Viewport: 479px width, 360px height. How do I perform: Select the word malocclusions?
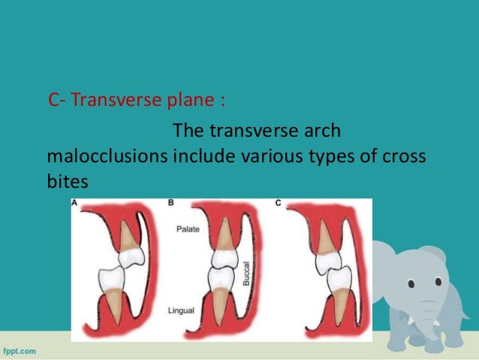[107, 157]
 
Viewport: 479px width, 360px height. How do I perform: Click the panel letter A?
[75, 203]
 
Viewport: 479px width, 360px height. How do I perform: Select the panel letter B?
[172, 203]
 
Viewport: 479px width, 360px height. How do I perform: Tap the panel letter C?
[279, 203]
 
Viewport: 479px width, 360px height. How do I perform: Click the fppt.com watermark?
[20, 351]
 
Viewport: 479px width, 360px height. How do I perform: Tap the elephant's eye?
[411, 284]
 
